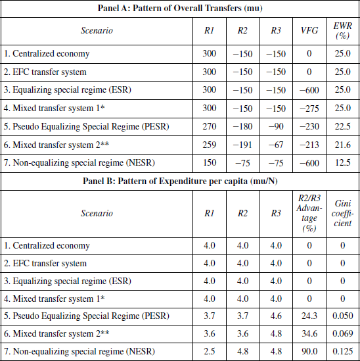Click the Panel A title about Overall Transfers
[180, 8]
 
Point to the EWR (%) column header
[340, 30]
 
